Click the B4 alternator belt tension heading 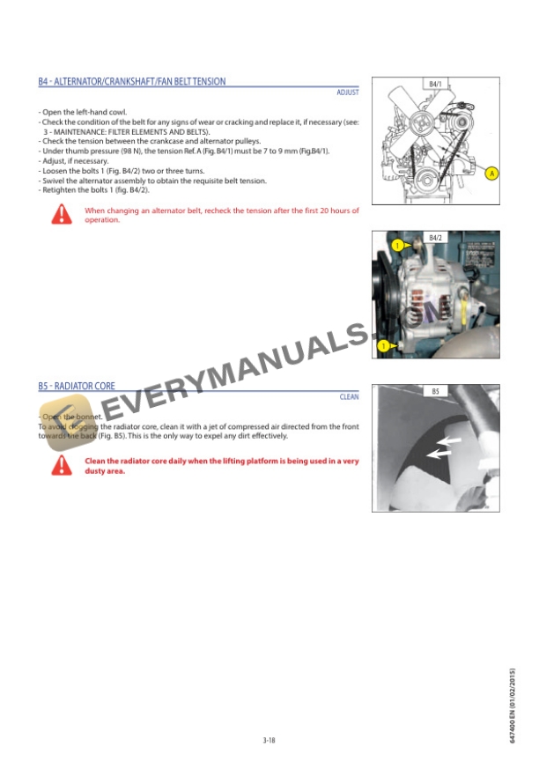[132, 81]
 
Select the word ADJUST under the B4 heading [348, 92]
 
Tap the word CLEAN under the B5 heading [349, 397]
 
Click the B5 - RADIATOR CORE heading [77, 387]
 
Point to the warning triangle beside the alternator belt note [61, 214]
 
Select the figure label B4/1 [435, 84]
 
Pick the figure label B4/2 [435, 238]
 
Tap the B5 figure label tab [435, 391]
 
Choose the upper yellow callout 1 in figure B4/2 [398, 245]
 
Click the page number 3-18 [269, 740]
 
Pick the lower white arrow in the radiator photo [439, 453]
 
